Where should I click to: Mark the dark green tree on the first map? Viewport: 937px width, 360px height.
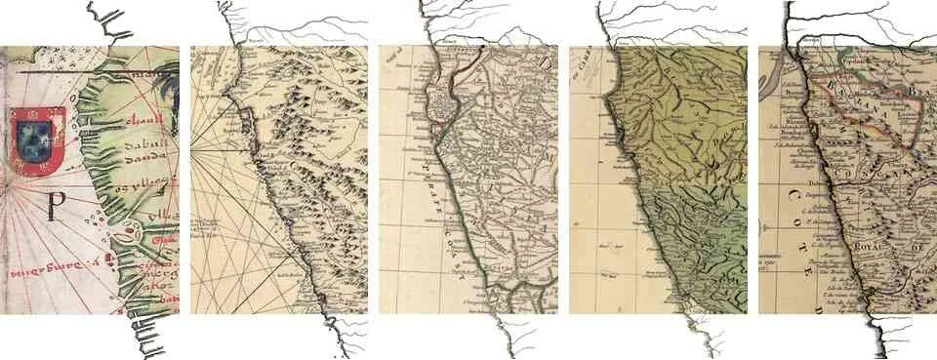coord(172,88)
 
